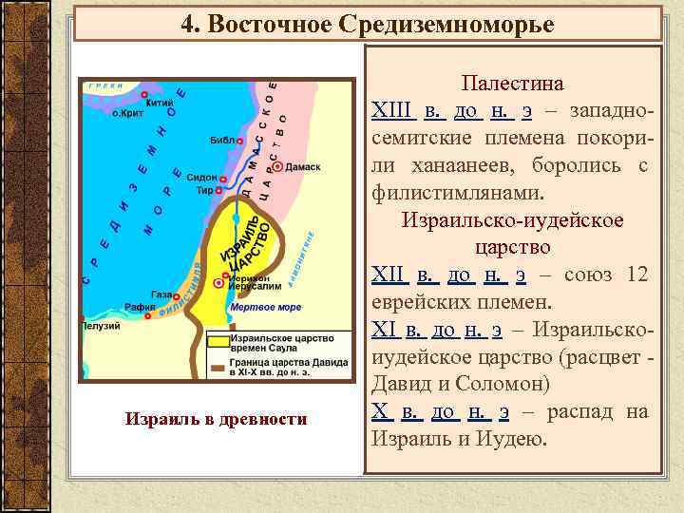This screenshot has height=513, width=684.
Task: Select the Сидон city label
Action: coord(202,178)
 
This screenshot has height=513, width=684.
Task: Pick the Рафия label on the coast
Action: coord(140,307)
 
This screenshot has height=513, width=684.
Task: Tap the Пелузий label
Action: coord(104,326)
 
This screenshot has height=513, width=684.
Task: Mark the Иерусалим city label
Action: coord(248,285)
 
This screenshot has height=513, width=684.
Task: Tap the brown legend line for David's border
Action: coord(218,367)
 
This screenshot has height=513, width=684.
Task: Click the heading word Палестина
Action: coord(512,84)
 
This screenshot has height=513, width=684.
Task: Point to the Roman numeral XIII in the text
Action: coord(392,112)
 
